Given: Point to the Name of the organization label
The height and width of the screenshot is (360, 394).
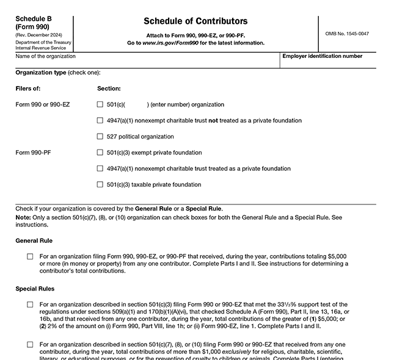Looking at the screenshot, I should pos(45,56).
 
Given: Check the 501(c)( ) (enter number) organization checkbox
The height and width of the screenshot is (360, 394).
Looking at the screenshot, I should pos(100,104).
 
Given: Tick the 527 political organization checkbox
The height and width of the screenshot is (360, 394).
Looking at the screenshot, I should pos(100,137).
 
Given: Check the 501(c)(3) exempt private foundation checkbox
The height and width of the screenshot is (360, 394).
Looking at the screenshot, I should pos(100,153).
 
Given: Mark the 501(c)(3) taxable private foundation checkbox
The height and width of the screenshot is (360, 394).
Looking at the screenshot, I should pos(100,184).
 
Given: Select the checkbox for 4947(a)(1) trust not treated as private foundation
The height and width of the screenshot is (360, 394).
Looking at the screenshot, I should pos(100,120).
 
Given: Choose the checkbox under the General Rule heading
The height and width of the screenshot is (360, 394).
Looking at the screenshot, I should pos(30,257).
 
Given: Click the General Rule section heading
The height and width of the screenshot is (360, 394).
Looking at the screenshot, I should pos(34,241).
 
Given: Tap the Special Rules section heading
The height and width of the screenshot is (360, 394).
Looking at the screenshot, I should pos(35,289).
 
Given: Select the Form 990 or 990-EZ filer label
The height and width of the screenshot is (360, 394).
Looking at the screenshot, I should pos(42,104).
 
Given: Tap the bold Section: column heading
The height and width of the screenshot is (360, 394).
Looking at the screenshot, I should pos(109,88).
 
